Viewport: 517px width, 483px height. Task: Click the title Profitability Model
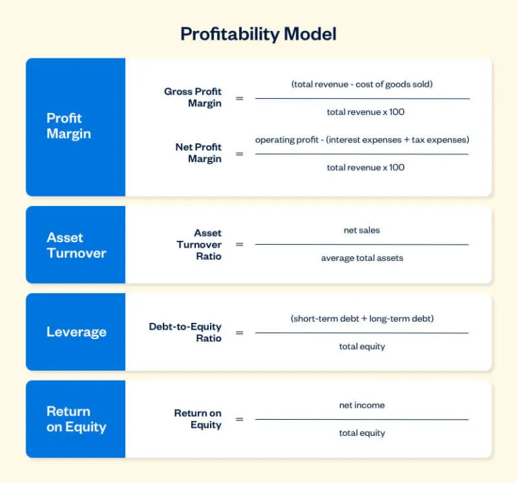click(258, 34)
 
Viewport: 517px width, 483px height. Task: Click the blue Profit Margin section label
click(69, 126)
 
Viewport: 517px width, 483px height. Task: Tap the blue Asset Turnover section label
click(76, 246)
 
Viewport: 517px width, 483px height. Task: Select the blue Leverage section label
click(76, 332)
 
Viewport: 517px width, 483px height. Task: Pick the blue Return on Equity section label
click(76, 419)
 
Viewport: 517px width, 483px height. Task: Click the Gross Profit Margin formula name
click(193, 98)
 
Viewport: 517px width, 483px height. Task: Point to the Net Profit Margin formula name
click(198, 153)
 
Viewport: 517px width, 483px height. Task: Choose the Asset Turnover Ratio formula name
click(199, 245)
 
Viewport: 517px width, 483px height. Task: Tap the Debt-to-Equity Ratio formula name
click(185, 332)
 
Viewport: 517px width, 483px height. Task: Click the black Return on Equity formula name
click(197, 419)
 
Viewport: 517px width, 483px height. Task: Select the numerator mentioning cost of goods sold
click(361, 85)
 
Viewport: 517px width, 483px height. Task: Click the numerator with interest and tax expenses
click(362, 140)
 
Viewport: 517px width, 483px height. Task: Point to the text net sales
click(361, 231)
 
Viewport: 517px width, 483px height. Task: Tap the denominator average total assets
click(361, 258)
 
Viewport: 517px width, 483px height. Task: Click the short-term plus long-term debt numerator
click(362, 319)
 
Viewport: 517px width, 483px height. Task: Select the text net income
click(361, 406)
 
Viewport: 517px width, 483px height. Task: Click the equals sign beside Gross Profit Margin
click(239, 98)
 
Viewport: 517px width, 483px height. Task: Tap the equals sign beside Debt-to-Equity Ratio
click(239, 332)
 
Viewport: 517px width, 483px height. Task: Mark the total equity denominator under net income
click(361, 433)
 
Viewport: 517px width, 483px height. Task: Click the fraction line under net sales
click(361, 244)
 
